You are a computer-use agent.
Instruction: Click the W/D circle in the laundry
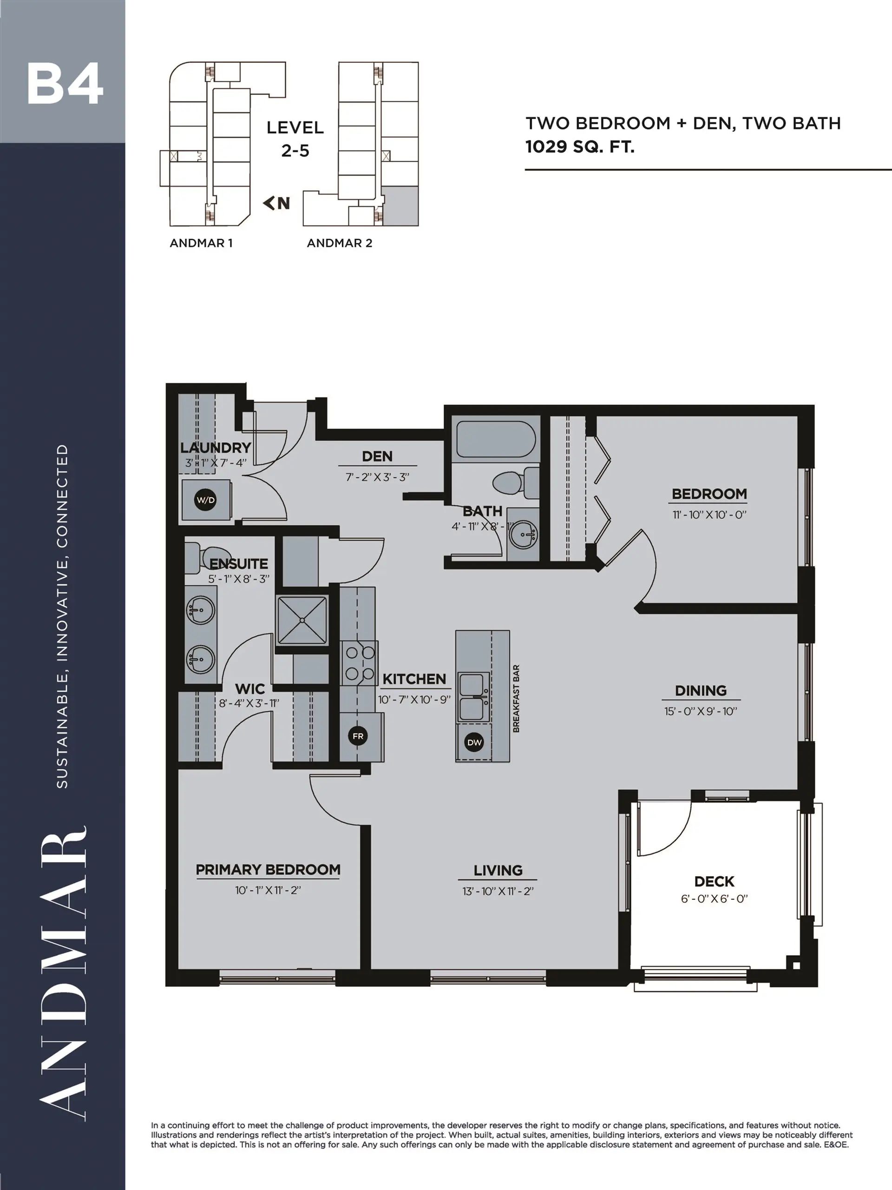[205, 500]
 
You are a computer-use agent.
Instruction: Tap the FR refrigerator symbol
[358, 736]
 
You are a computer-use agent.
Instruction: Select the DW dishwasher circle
[474, 742]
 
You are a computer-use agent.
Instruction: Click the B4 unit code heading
[65, 85]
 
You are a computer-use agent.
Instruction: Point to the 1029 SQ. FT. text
[580, 146]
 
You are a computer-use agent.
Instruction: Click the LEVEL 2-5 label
[295, 139]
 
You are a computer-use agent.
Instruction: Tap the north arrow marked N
[277, 203]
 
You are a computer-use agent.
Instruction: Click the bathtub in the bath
[495, 439]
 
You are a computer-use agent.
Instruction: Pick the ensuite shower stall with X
[302, 620]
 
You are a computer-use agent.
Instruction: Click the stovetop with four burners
[360, 663]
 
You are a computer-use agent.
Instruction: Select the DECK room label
[714, 881]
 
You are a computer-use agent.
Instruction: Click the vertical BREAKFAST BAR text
[516, 698]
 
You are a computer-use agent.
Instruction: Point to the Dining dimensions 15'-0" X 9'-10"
[700, 711]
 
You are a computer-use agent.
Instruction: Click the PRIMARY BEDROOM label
[268, 869]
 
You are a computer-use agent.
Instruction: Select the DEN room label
[377, 456]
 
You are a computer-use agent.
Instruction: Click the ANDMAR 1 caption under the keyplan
[201, 243]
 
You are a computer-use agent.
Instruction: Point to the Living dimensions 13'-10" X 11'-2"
[498, 891]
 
